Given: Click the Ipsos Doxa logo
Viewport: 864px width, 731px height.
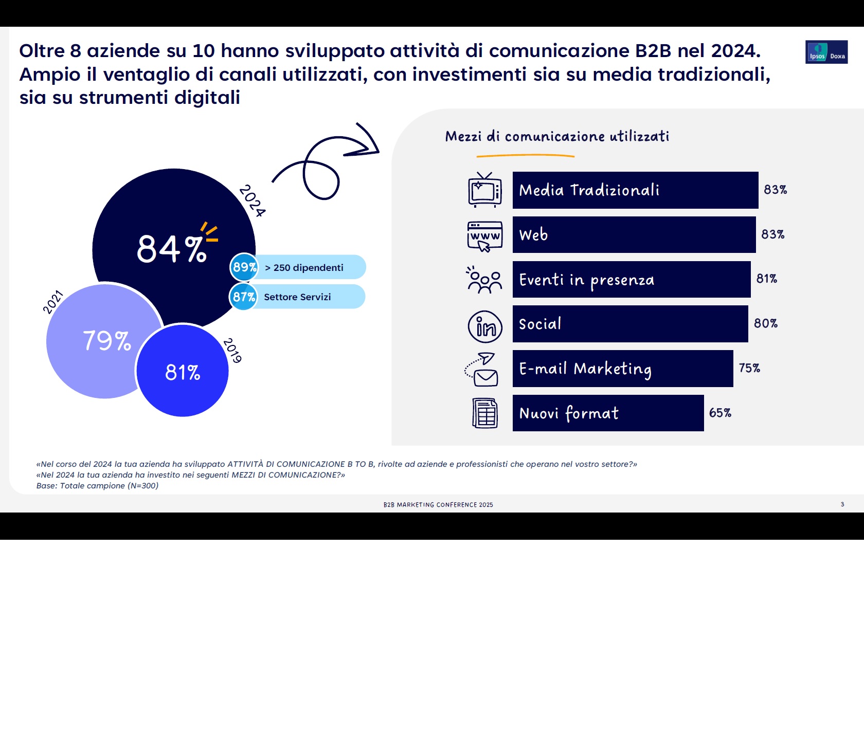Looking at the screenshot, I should click(826, 52).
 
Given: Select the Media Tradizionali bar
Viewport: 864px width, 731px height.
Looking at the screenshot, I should click(635, 190).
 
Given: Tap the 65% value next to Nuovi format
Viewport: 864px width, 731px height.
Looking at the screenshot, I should click(720, 413).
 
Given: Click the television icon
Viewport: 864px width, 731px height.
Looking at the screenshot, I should click(484, 190).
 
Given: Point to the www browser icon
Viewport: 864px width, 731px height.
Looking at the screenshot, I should click(484, 236).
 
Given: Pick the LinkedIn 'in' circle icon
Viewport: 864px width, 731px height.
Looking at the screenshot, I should click(485, 327).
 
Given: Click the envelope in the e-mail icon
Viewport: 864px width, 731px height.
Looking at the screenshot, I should click(486, 378).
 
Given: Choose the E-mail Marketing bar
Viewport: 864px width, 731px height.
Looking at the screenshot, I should click(622, 369).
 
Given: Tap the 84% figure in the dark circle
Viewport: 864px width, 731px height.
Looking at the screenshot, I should click(171, 249).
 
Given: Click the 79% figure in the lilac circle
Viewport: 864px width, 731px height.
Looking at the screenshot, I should click(107, 341).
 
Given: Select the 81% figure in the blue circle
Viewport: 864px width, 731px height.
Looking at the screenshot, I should click(183, 372).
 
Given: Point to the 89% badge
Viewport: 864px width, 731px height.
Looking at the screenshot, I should click(244, 267).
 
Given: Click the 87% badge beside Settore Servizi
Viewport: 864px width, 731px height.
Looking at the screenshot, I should click(244, 297).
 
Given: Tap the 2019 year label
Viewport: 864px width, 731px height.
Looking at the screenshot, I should click(232, 351).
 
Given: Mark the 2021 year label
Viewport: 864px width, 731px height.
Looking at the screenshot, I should click(52, 302).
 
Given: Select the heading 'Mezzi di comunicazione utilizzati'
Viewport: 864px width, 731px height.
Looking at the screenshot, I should click(557, 136).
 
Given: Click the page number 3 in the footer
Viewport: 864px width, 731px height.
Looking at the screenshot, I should click(842, 504).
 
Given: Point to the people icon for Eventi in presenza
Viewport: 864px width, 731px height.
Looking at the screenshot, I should click(484, 280).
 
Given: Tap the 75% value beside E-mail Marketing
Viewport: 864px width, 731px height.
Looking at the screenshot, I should click(749, 368).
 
